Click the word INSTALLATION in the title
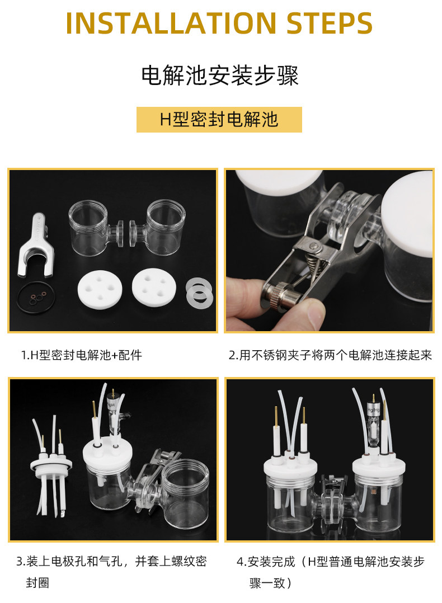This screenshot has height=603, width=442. click(x=171, y=23)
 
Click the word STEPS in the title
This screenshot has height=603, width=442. click(x=330, y=23)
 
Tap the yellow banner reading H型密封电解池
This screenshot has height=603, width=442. click(x=219, y=120)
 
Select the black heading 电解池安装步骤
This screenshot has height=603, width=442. click(x=220, y=75)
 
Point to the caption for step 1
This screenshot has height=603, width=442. click(x=82, y=355)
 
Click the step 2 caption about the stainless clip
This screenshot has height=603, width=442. click(x=331, y=355)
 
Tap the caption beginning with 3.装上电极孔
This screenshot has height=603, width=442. click(x=111, y=572)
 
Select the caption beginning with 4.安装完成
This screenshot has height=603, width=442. click(x=331, y=572)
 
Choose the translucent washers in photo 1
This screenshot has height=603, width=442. click(x=199, y=293)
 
